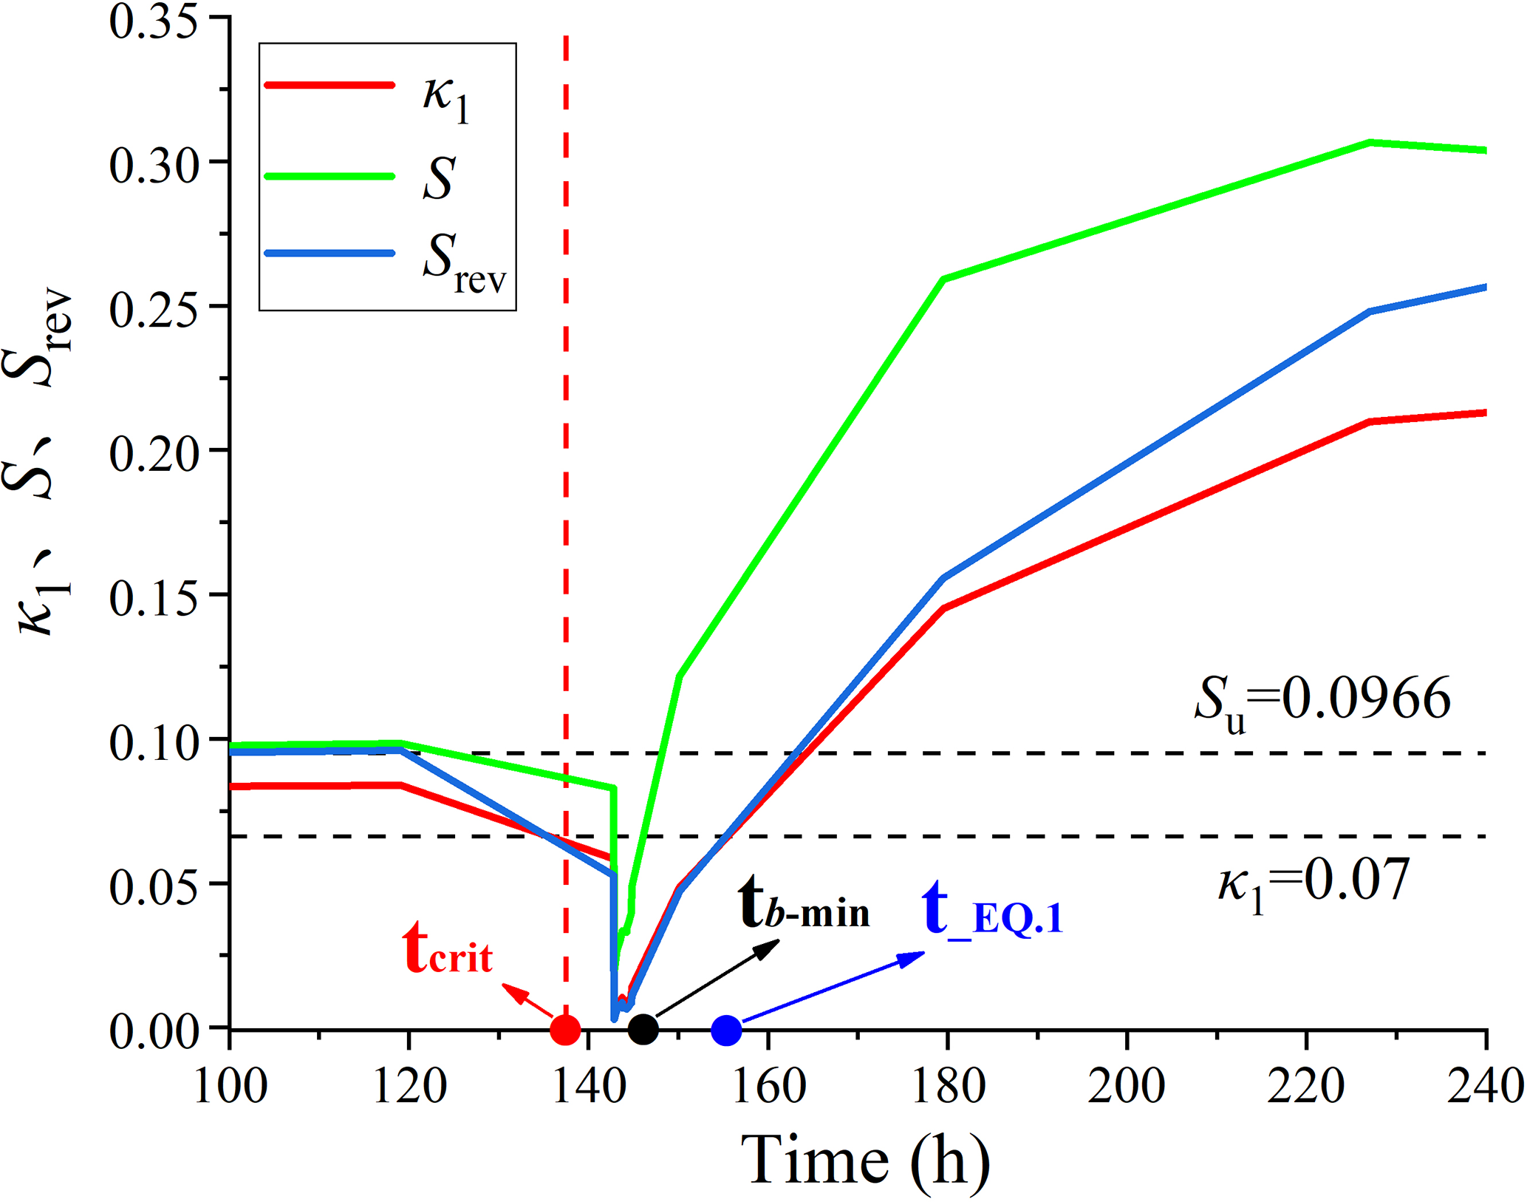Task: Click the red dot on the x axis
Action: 565,1029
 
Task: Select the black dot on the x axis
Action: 643,1028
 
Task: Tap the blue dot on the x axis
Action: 726,1030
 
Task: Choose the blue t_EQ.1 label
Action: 992,911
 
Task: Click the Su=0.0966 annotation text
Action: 1322,700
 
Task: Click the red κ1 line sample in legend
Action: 329,85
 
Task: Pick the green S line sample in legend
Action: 329,176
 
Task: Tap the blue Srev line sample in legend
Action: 329,254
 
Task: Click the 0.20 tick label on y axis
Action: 154,452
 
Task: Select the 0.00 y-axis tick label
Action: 154,1030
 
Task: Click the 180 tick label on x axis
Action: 949,1087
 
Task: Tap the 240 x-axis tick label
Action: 1485,1087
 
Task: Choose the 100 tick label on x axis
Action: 230,1087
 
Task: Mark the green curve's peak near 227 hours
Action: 1370,142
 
